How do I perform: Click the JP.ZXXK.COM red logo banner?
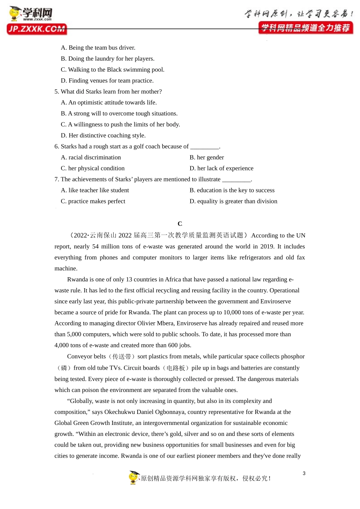[x=36, y=29]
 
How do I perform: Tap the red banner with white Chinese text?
[x=305, y=28]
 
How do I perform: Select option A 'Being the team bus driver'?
[x=98, y=48]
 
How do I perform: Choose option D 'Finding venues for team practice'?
[x=107, y=81]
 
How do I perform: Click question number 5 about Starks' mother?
[x=57, y=92]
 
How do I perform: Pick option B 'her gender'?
[x=207, y=158]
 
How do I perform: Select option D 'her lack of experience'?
[x=221, y=169]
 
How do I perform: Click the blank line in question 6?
[x=205, y=147]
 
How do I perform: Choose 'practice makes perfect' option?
[x=93, y=201]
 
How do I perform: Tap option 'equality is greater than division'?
[x=233, y=201]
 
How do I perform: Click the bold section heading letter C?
[x=180, y=224]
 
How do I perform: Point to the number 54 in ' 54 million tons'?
[x=95, y=247]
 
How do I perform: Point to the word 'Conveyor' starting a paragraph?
[x=79, y=356]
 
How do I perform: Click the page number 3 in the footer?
[x=304, y=473]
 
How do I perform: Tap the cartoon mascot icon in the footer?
[x=134, y=478]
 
